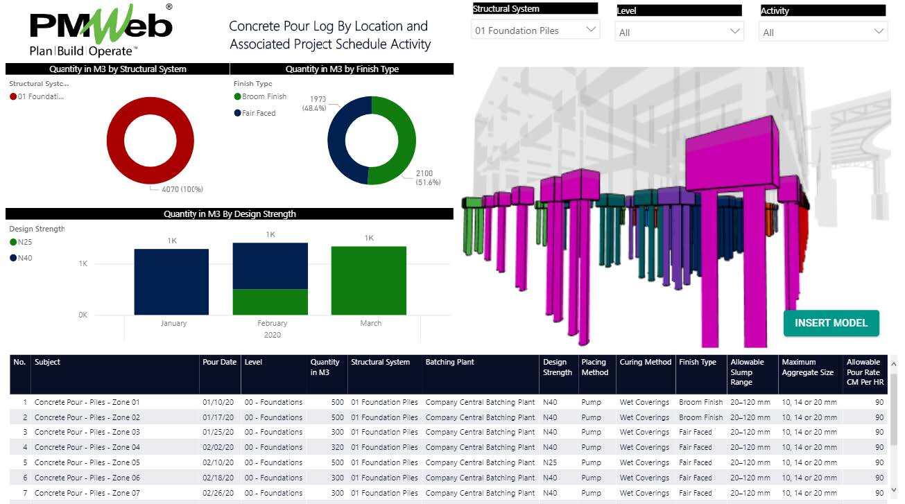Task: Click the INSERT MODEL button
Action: click(x=831, y=323)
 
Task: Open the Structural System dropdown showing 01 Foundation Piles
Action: click(x=535, y=31)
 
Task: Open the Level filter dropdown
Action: click(x=679, y=32)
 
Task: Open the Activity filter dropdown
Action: click(x=823, y=32)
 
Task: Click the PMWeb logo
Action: click(x=101, y=31)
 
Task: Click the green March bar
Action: click(x=368, y=280)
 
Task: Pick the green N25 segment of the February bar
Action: click(x=270, y=302)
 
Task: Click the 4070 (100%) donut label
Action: click(x=182, y=189)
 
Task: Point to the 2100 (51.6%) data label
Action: click(x=428, y=177)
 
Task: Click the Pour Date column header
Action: click(x=219, y=362)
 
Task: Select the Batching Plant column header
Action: click(x=450, y=362)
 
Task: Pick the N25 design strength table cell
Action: click(x=550, y=462)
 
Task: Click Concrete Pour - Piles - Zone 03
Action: click(x=87, y=432)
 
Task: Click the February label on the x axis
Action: click(x=272, y=323)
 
